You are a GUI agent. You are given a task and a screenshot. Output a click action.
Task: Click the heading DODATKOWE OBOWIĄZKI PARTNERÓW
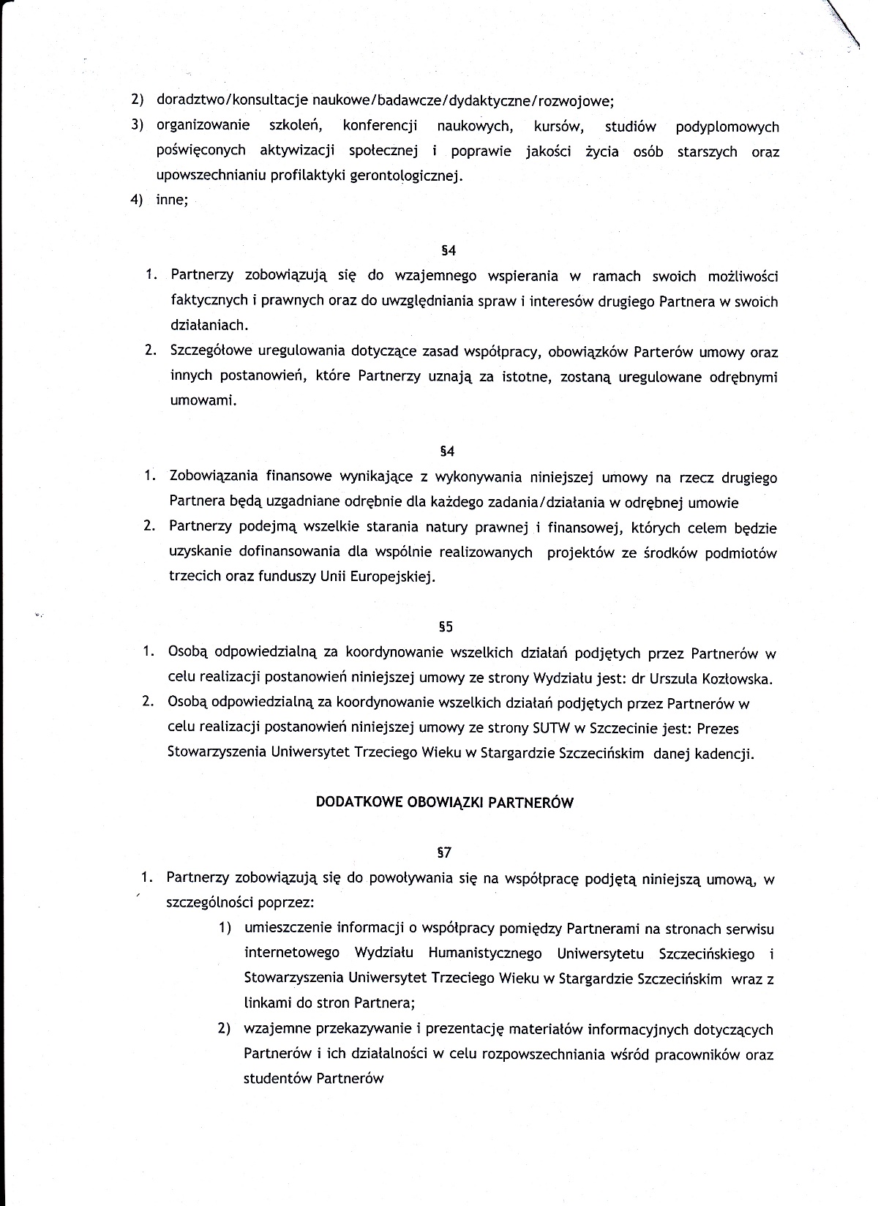pos(444,802)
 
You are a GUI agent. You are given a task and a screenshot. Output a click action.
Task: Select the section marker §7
pos(444,852)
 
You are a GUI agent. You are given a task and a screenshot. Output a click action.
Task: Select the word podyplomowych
pos(727,127)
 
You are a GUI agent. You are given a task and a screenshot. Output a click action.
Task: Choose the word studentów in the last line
pos(277,1079)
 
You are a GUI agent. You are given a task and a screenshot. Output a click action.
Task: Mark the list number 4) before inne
pos(137,201)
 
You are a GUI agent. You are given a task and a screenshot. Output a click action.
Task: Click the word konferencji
pos(380,127)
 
